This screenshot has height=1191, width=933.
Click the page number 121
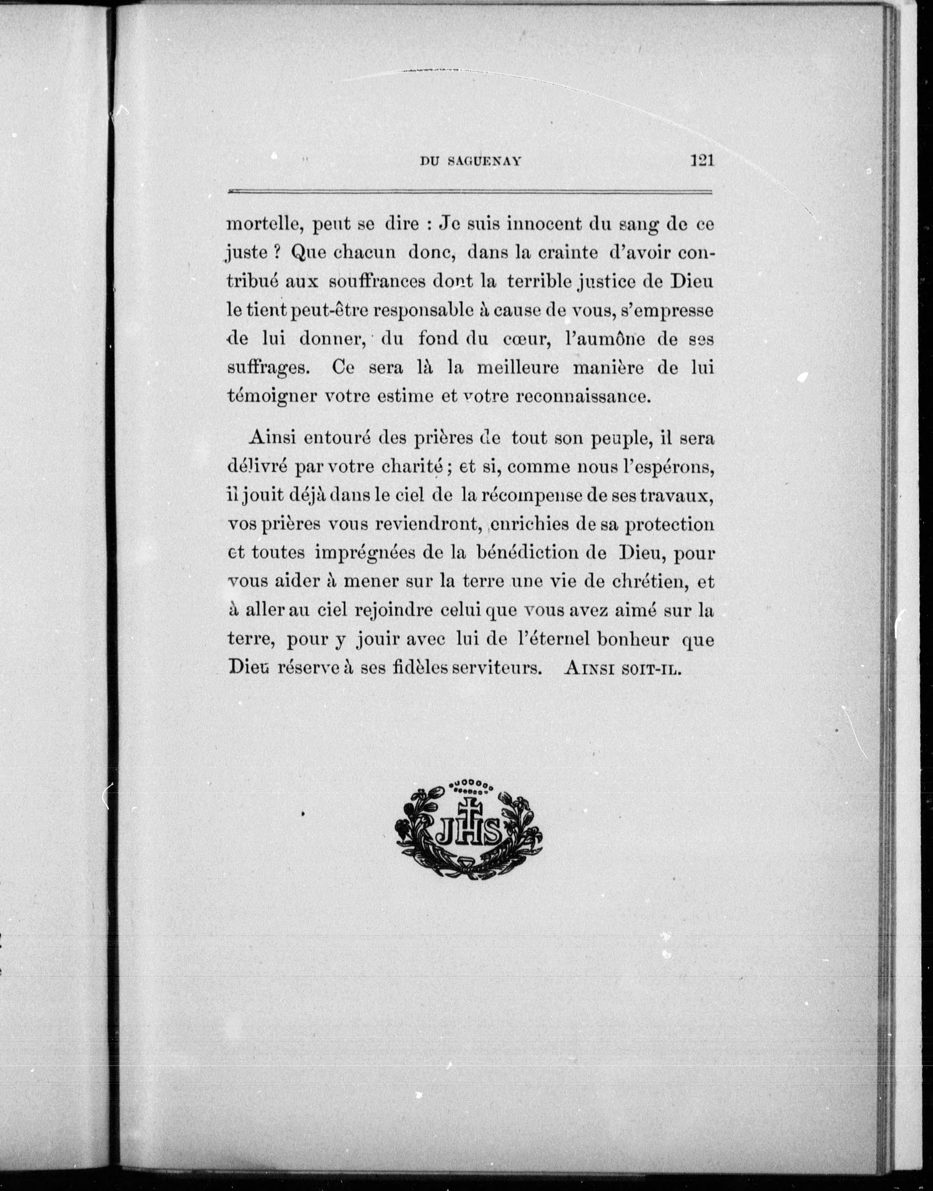point(703,161)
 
